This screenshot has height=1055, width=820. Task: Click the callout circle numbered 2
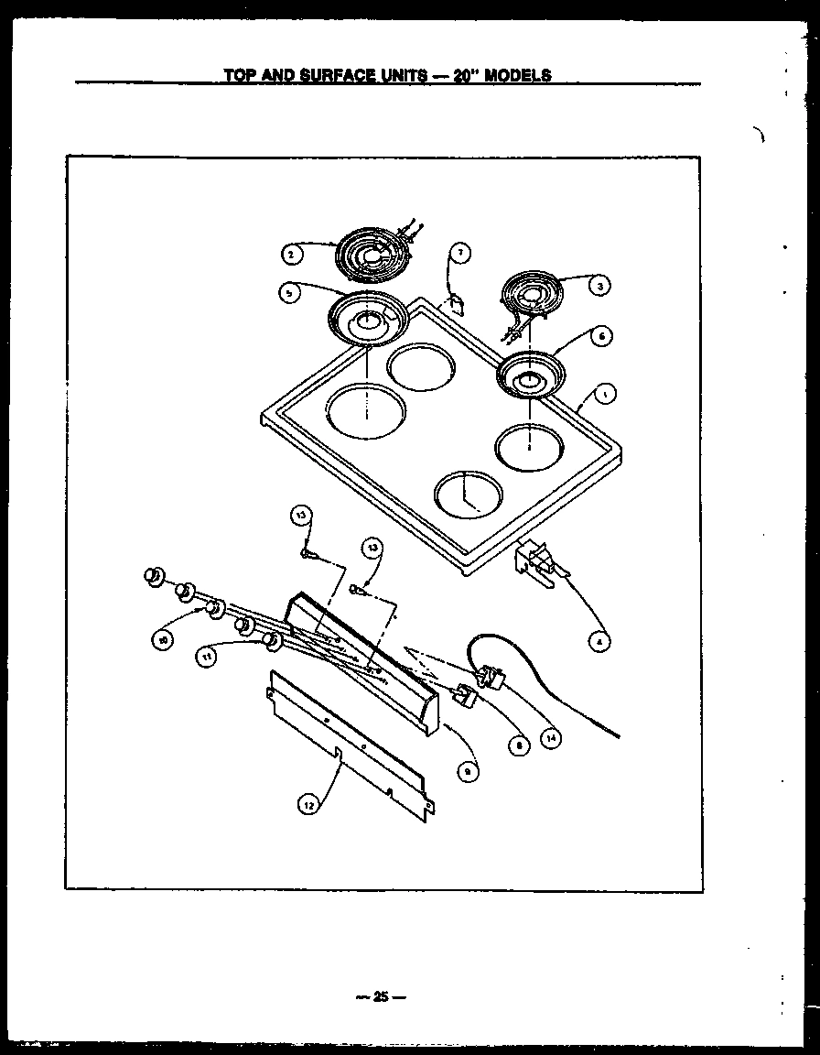[288, 254]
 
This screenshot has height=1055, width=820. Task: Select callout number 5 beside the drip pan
[288, 292]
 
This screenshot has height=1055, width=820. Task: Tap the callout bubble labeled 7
[461, 254]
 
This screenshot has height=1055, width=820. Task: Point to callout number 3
[599, 286]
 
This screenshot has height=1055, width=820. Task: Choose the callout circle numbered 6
[599, 337]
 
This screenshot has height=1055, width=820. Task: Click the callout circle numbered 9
[467, 772]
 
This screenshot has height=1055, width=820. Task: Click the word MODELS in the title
[517, 75]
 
